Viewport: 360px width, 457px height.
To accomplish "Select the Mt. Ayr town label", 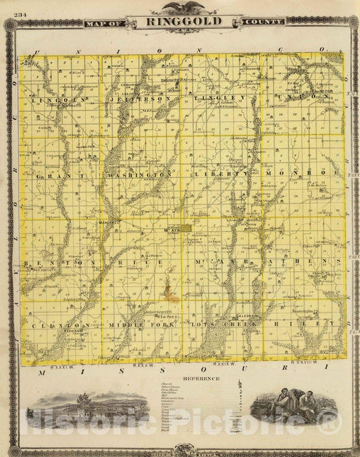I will point(172,230).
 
